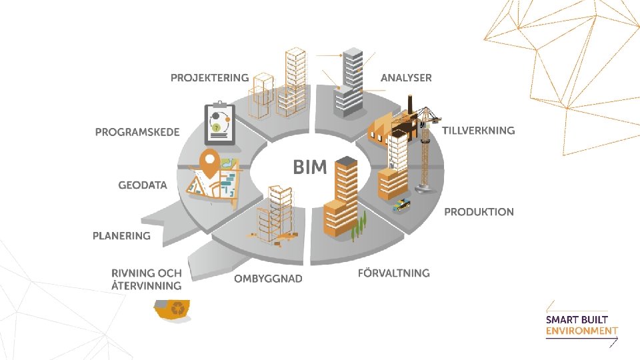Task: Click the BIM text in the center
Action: click(310, 167)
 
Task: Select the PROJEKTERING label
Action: click(209, 78)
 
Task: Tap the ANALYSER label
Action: click(406, 78)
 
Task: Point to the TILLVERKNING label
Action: click(478, 131)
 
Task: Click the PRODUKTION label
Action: click(479, 212)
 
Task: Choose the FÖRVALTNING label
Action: click(393, 273)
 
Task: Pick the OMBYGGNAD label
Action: click(267, 279)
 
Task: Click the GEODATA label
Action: click(143, 185)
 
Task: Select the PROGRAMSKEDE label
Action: click(137, 132)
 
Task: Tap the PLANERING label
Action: click(121, 235)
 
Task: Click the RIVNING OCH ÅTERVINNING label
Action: click(146, 279)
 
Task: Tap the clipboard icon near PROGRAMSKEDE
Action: click(219, 123)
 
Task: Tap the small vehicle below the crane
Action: click(401, 204)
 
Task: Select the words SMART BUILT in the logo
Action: click(577, 319)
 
